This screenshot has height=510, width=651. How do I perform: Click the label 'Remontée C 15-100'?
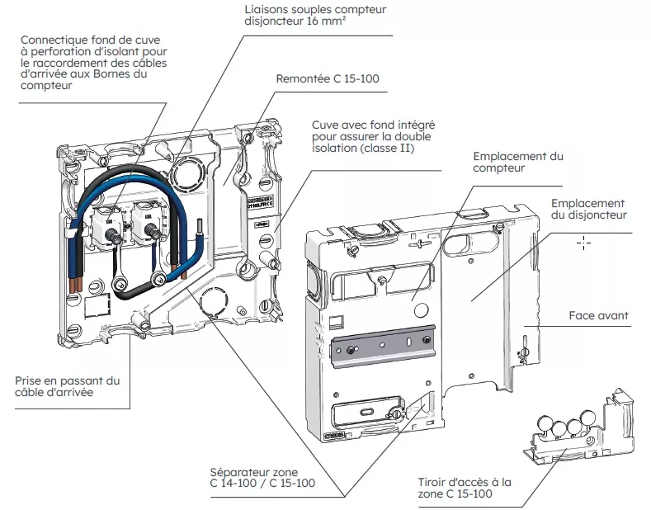tap(328, 79)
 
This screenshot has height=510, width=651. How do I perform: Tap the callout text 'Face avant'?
tap(598, 315)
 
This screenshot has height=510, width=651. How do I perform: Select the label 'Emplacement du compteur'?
tap(517, 162)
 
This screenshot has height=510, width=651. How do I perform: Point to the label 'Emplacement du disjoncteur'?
tap(589, 209)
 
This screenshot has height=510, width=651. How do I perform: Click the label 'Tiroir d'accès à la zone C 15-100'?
tap(465, 488)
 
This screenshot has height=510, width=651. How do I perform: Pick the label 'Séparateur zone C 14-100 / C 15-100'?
tap(262, 478)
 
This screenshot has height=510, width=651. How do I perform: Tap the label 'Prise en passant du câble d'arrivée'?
tap(68, 386)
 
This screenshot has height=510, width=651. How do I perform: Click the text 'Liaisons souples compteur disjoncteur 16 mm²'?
tap(315, 15)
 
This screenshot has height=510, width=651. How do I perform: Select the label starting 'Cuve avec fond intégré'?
tap(373, 136)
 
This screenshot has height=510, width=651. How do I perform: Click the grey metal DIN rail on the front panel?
tap(383, 346)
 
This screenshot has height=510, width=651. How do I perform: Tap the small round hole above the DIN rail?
tap(421, 310)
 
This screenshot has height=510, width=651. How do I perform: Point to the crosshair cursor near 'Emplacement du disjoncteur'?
tap(583, 243)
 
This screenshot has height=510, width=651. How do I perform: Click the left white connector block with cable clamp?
tap(106, 227)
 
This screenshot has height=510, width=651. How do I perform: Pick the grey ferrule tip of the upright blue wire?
tap(200, 227)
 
